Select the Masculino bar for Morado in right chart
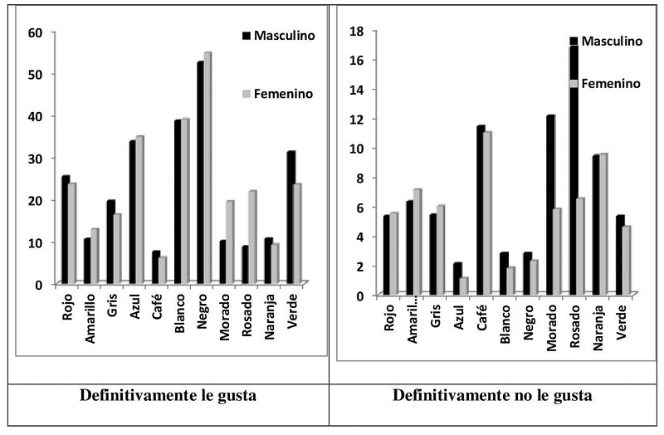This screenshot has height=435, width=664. tap(549, 204)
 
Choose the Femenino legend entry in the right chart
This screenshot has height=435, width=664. tap(610, 84)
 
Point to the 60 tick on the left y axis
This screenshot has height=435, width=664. tap(36, 32)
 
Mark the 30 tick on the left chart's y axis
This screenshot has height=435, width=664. tap(36, 158)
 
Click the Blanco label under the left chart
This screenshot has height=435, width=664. tap(180, 315)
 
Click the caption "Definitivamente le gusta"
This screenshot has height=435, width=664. tap(167, 395)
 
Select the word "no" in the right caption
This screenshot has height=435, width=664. tap(525, 395)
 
